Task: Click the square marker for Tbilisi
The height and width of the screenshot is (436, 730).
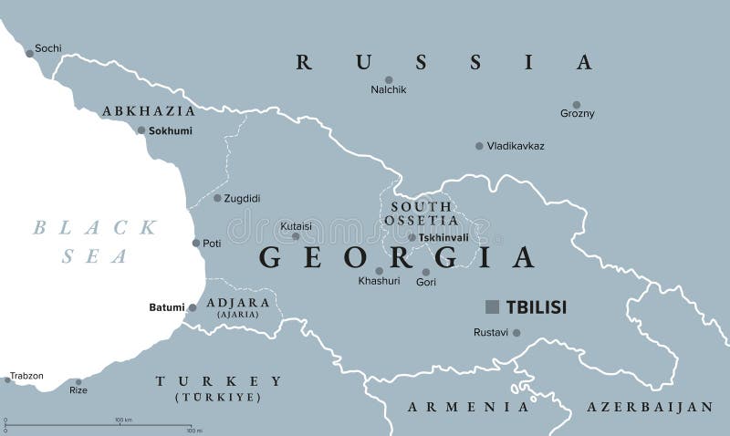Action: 492,307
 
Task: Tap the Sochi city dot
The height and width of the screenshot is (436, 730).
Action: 28,54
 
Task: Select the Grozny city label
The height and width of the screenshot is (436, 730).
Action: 577,114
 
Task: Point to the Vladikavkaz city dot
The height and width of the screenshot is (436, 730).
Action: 479,146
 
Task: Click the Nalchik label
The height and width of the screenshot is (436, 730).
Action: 389,89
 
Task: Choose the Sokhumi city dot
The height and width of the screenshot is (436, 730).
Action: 141,130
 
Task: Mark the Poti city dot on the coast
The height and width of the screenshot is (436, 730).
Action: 195,243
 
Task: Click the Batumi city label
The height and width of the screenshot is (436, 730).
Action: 166,307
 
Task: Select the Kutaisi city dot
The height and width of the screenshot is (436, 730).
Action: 295,236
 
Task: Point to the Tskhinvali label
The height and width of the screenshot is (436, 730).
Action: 443,237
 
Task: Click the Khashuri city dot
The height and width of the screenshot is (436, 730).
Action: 379,271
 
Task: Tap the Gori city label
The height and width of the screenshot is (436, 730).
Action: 426,284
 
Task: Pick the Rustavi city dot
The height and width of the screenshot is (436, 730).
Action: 516,333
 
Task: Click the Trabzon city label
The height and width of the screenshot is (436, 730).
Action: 26,375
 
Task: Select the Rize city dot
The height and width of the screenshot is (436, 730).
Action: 78,382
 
